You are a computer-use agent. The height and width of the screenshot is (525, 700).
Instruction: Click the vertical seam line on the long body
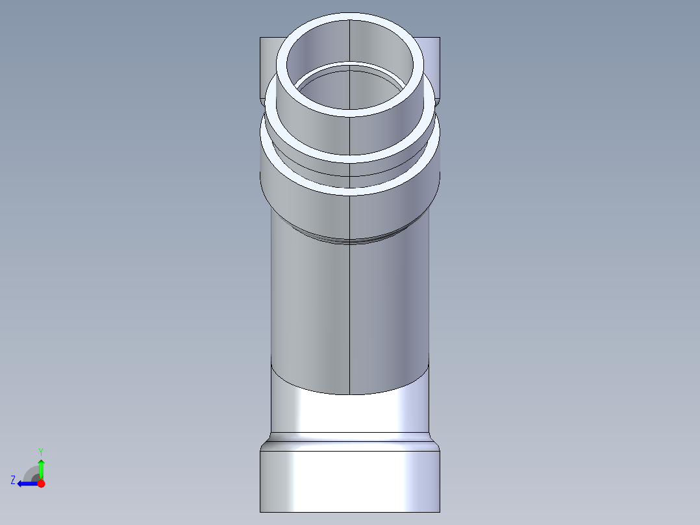click(350, 312)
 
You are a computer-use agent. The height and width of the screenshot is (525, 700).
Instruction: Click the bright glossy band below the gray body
click(351, 413)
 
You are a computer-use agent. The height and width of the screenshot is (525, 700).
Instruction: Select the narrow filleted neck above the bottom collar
click(351, 442)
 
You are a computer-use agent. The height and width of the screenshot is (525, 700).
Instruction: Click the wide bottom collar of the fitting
click(351, 481)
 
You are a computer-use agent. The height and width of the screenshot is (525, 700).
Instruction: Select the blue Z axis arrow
click(25, 483)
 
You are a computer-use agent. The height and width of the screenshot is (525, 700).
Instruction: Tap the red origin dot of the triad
click(41, 483)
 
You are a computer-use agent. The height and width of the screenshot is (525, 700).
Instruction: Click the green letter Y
click(40, 451)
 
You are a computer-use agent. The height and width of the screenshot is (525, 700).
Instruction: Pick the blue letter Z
click(13, 480)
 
